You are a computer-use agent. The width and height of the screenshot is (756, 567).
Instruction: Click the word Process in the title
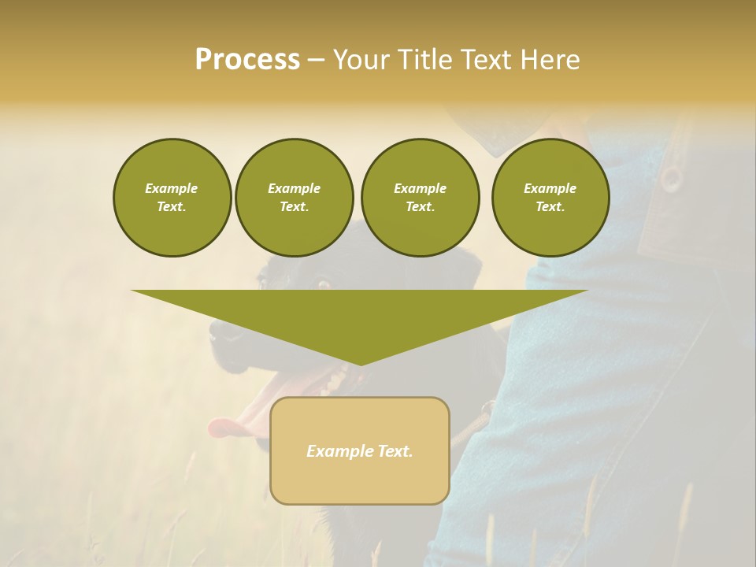pyautogui.click(x=247, y=60)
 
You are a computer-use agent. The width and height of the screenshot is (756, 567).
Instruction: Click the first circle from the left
pyautogui.click(x=172, y=197)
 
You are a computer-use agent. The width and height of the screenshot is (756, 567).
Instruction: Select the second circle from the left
pyautogui.click(x=294, y=197)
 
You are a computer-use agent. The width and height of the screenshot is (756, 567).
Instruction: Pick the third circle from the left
pyautogui.click(x=420, y=197)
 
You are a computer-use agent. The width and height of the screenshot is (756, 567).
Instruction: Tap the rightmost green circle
pyautogui.click(x=550, y=197)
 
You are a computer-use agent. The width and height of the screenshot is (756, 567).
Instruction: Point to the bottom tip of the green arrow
pyautogui.click(x=360, y=363)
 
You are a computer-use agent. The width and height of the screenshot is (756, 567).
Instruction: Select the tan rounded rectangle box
pyautogui.click(x=360, y=480)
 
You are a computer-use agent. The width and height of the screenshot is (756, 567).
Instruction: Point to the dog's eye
pyautogui.click(x=322, y=283)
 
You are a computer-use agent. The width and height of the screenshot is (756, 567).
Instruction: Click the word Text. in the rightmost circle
pyautogui.click(x=550, y=206)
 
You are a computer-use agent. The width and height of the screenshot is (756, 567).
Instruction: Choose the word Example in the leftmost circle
pyautogui.click(x=172, y=188)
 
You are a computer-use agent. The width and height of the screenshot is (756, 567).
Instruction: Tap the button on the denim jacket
pyautogui.click(x=672, y=179)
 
